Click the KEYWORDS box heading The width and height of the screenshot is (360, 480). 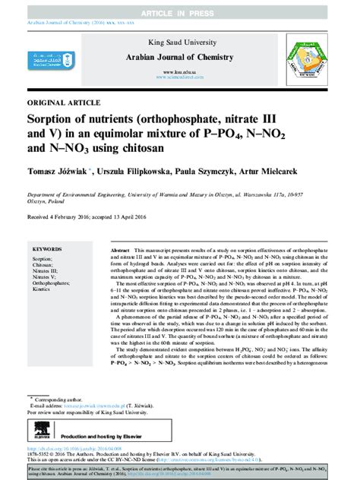[47, 248]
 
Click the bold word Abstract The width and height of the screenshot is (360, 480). [120, 249]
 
